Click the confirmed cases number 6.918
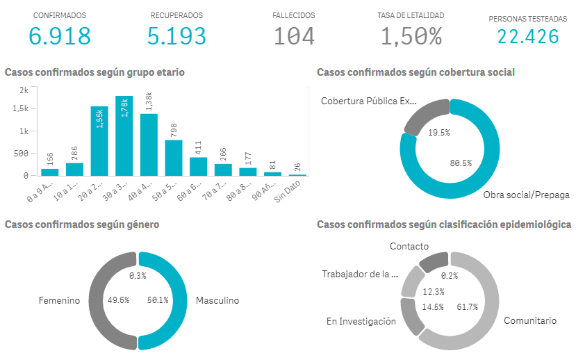click(x=60, y=35)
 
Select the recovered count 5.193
click(x=176, y=35)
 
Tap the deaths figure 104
click(x=294, y=35)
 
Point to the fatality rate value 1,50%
click(x=411, y=35)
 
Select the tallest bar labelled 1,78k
click(x=124, y=136)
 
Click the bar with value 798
click(x=174, y=157)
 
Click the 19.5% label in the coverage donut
click(x=438, y=132)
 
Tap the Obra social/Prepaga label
click(x=526, y=195)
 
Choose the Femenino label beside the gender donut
click(x=60, y=301)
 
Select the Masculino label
click(x=217, y=301)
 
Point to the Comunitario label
click(x=530, y=321)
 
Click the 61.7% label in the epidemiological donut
click(x=467, y=307)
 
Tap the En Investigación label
click(x=361, y=321)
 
